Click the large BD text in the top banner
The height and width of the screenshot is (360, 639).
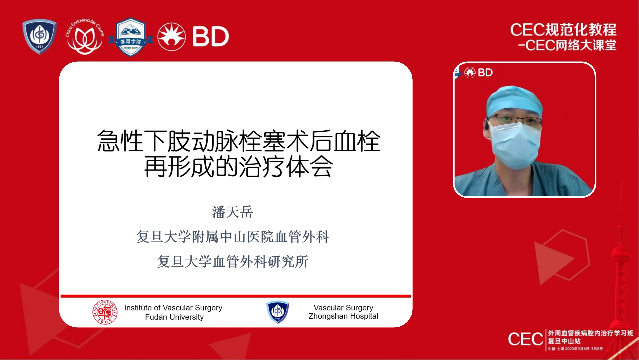pos(211,37)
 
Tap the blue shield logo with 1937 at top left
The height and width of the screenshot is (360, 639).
pos(40,36)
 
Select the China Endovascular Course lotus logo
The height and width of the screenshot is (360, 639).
pos(85,37)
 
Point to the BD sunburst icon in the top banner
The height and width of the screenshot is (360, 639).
pos(171,37)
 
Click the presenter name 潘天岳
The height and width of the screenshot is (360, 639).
pos(233,212)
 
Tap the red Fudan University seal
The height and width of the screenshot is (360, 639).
pos(105,312)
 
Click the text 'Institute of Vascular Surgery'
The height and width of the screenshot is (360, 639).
pos(173,308)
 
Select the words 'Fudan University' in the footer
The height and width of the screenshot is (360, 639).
pos(174,317)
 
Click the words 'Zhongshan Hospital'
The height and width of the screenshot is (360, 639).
pos(343,316)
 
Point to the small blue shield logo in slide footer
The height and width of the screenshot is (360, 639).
pos(278,312)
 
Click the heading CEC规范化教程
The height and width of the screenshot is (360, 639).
pos(563,30)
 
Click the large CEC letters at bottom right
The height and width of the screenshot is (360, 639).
pos(525,339)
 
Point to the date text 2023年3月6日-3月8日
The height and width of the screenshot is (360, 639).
pos(584,349)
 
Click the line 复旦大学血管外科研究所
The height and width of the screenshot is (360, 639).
pos(233,262)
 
